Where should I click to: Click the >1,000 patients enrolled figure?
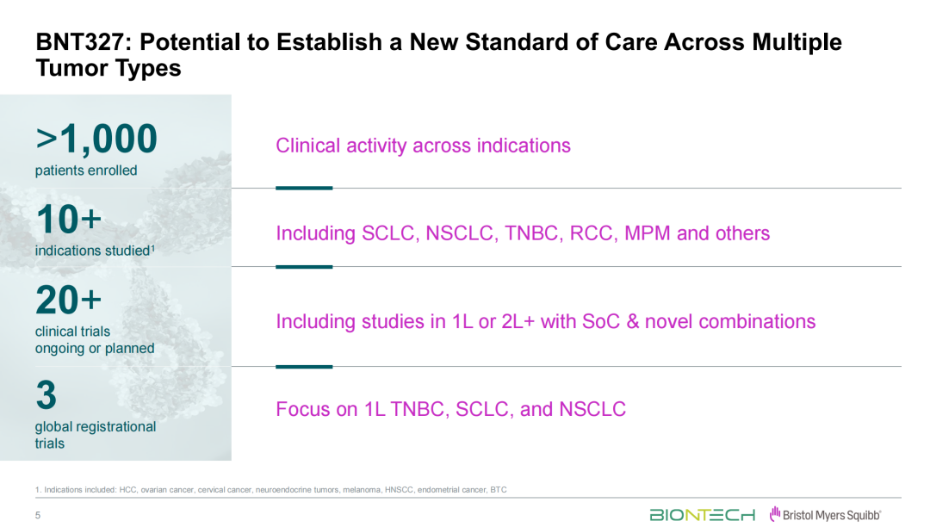click(x=96, y=139)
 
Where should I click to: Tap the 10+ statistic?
click(x=69, y=220)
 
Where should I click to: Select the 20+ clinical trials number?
click(x=69, y=300)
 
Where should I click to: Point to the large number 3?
click(x=46, y=395)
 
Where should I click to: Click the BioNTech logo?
click(x=703, y=515)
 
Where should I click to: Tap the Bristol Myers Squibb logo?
click(x=825, y=515)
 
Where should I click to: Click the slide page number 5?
click(x=38, y=515)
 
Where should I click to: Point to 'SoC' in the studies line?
click(x=601, y=321)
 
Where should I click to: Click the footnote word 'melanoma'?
click(x=362, y=490)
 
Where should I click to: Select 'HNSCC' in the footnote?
click(x=400, y=490)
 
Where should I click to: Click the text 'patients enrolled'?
click(x=86, y=170)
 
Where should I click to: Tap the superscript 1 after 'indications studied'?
click(x=152, y=248)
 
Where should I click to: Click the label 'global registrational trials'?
click(x=96, y=435)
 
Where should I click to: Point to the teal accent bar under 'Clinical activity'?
click(x=304, y=188)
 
